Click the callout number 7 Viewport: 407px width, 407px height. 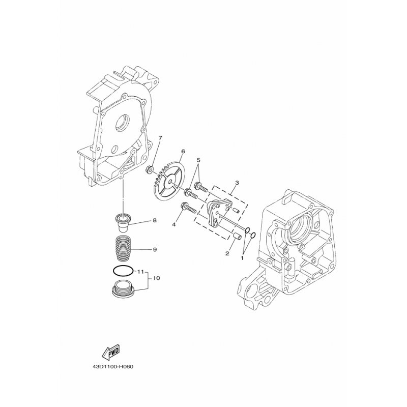tap(160, 138)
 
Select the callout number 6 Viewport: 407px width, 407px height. tap(183, 151)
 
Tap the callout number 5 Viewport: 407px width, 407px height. tap(198, 159)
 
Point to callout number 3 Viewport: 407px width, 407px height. tap(237, 183)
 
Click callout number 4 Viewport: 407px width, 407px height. tap(174, 224)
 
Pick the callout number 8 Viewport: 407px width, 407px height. tap(155, 220)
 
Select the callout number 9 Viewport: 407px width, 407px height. tap(155, 249)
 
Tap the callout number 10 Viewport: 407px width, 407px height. tap(157, 278)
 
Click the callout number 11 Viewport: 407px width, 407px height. tap(140, 272)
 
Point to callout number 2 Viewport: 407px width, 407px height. tap(227, 253)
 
